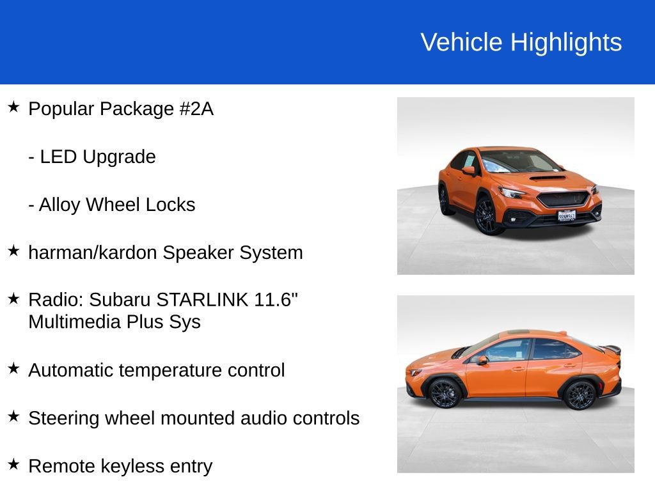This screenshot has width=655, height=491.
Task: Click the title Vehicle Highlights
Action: point(521,42)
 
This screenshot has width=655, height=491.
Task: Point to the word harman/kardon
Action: point(93,253)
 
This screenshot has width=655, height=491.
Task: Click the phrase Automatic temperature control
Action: point(157,370)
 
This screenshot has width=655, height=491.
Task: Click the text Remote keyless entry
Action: point(120,466)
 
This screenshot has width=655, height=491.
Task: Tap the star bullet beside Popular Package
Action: point(13,107)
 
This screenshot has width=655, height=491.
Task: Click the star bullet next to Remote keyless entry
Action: point(13,464)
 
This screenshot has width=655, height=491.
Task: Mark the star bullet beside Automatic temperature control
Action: point(13,368)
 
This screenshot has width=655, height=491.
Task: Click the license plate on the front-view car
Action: point(567,215)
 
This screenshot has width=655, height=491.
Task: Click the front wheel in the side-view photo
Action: point(446,393)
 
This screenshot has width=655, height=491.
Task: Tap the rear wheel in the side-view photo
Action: point(581,394)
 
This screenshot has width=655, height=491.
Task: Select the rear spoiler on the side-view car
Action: point(612,349)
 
